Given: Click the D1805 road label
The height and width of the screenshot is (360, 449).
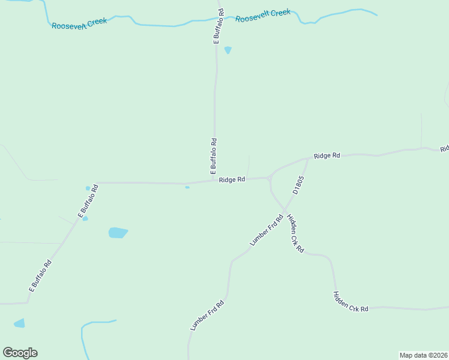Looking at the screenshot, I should click(x=299, y=184).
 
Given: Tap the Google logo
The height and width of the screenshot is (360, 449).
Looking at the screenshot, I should click(x=20, y=353).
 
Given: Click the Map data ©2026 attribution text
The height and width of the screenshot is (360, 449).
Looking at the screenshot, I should click(x=423, y=355).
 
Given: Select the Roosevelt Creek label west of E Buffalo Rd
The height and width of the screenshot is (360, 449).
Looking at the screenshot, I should click(x=79, y=23).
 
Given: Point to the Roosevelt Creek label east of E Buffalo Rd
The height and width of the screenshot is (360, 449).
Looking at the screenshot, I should click(x=263, y=16).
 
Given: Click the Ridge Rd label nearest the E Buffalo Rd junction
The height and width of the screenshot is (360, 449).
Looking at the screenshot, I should click(x=232, y=179).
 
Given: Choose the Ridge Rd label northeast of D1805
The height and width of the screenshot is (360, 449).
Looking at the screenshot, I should click(x=327, y=155).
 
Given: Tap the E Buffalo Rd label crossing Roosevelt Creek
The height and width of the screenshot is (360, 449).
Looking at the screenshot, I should click(x=219, y=25).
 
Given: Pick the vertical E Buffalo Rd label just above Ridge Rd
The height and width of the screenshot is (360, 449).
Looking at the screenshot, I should click(x=214, y=156).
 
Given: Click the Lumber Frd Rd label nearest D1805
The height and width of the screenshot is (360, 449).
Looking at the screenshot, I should click(x=266, y=230).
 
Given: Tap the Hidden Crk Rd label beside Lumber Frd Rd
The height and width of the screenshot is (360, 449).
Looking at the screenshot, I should click(x=295, y=233).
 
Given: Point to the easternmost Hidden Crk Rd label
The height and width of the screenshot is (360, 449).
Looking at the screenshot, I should click(x=351, y=301).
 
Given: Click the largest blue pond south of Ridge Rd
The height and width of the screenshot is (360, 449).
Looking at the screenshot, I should click(x=118, y=232).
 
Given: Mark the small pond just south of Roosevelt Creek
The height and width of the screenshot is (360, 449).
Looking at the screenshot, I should click(x=228, y=50).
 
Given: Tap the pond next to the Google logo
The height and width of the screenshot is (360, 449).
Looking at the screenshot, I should click(x=20, y=323).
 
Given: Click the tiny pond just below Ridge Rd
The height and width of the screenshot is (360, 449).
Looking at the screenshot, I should click(x=187, y=187).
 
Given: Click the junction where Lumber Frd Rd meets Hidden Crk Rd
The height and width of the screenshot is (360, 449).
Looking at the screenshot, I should click(x=284, y=210).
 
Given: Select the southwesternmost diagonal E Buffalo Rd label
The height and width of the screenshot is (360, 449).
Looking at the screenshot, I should click(x=41, y=275).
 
